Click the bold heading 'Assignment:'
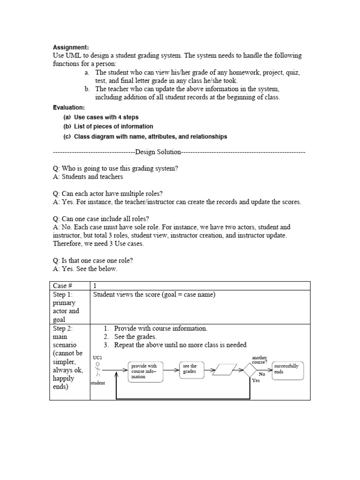pyautogui.click(x=70, y=47)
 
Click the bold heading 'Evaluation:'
pyautogui.click(x=69, y=108)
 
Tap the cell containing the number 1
pyautogui.click(x=95, y=285)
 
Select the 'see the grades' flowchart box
pyautogui.click(x=191, y=369)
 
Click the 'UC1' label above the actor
pyautogui.click(x=97, y=358)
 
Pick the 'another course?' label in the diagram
pyautogui.click(x=260, y=360)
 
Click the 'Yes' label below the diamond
pyautogui.click(x=256, y=381)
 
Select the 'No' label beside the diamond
pyautogui.click(x=262, y=375)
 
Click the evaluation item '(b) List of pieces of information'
pyautogui.click(x=108, y=127)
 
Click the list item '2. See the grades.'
pyautogui.click(x=137, y=337)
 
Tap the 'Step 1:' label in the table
pyautogui.click(x=63, y=294)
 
